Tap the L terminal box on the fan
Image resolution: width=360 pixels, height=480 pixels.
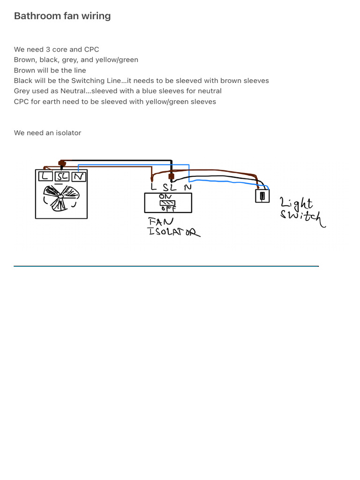tap(45, 176)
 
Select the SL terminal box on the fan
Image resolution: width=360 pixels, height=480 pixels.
tap(62, 176)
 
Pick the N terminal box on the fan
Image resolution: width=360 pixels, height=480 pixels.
tap(79, 176)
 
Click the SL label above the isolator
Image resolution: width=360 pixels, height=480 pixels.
tap(170, 187)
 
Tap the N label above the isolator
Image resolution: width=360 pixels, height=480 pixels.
tap(187, 187)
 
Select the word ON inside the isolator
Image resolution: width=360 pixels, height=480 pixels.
tap(165, 197)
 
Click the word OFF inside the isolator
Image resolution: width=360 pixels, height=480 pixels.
tap(168, 209)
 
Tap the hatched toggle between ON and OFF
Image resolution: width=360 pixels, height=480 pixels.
tap(167, 203)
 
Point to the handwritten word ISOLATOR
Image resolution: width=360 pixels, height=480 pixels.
tap(173, 231)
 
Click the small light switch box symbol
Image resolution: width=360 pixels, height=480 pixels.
tap(262, 195)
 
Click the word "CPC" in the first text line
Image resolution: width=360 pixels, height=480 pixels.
tap(91, 50)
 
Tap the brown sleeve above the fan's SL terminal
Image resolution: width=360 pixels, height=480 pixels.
tap(61, 164)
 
